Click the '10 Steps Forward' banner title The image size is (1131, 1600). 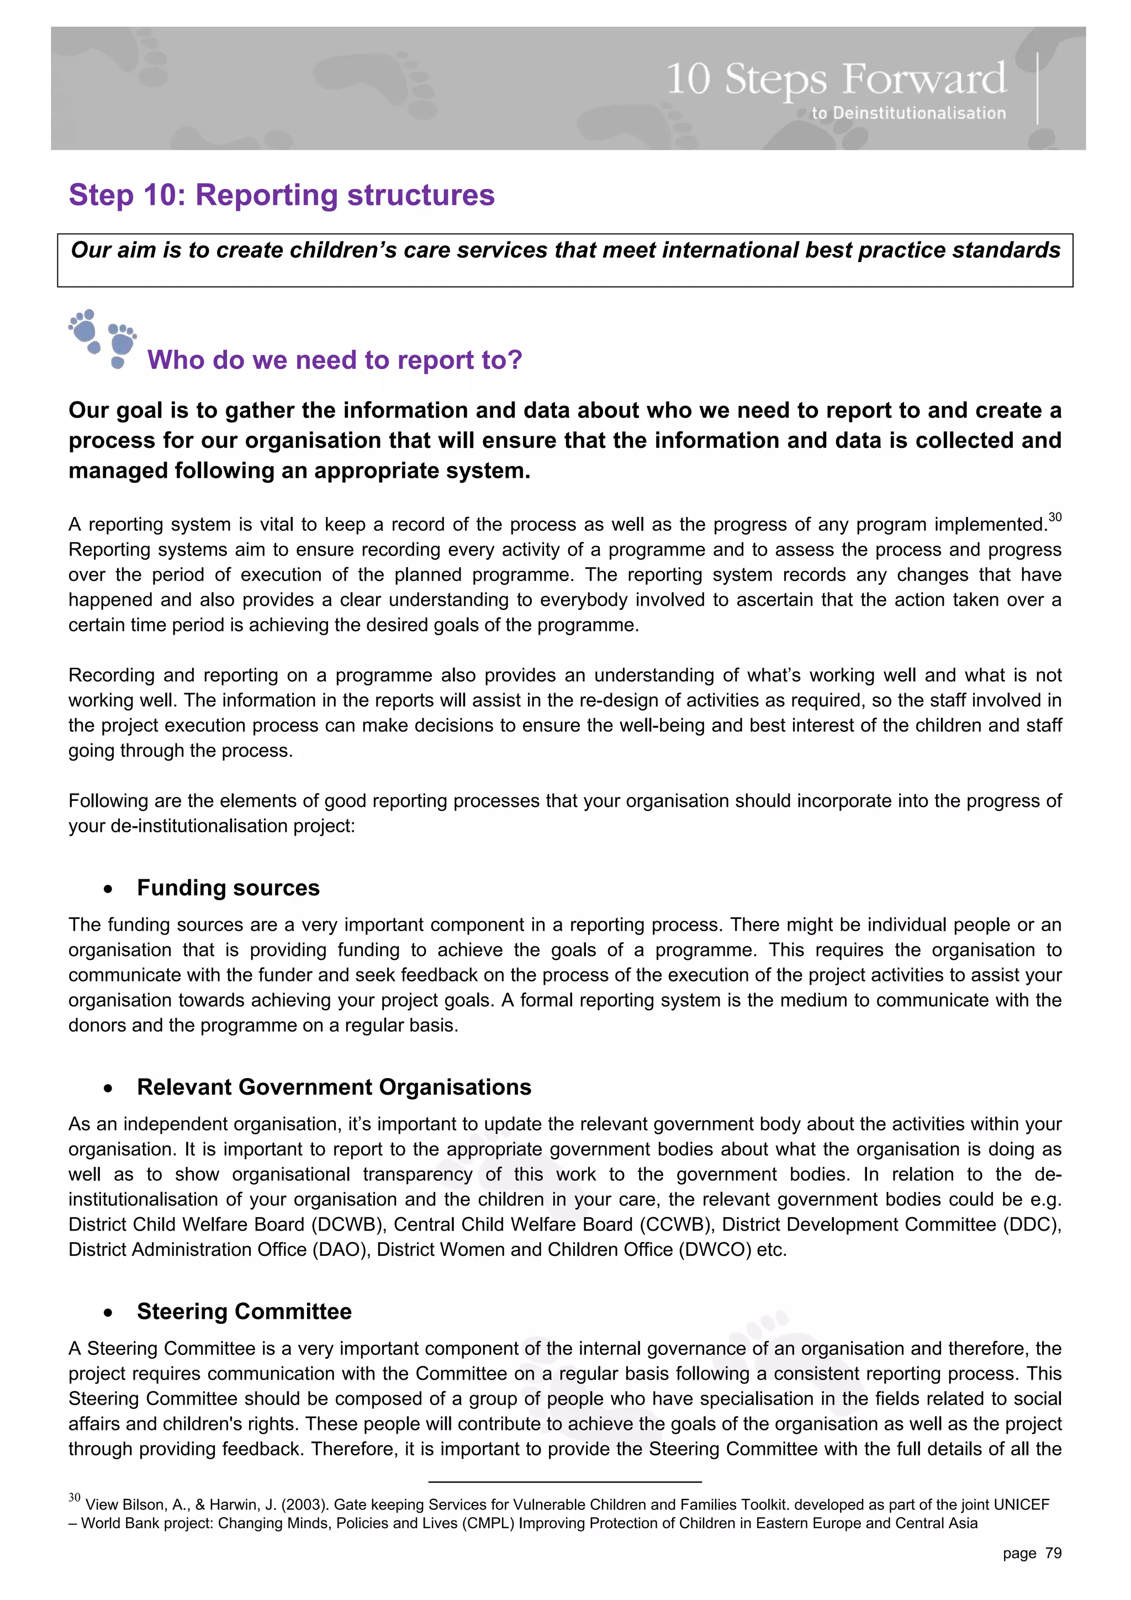(x=836, y=79)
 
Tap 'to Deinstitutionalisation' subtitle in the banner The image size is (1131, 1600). (x=908, y=113)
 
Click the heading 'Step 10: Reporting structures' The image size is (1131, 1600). (x=282, y=195)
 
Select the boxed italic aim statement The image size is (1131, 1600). (x=565, y=250)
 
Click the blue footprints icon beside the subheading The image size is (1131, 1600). (x=102, y=339)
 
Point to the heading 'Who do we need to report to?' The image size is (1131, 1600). (x=335, y=360)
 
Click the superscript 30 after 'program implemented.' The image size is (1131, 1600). (x=1054, y=517)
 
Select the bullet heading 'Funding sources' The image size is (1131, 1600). (x=228, y=888)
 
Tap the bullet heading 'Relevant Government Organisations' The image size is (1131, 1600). (x=334, y=1087)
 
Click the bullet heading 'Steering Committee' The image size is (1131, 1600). (x=244, y=1312)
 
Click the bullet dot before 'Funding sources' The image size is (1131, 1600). (x=108, y=890)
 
